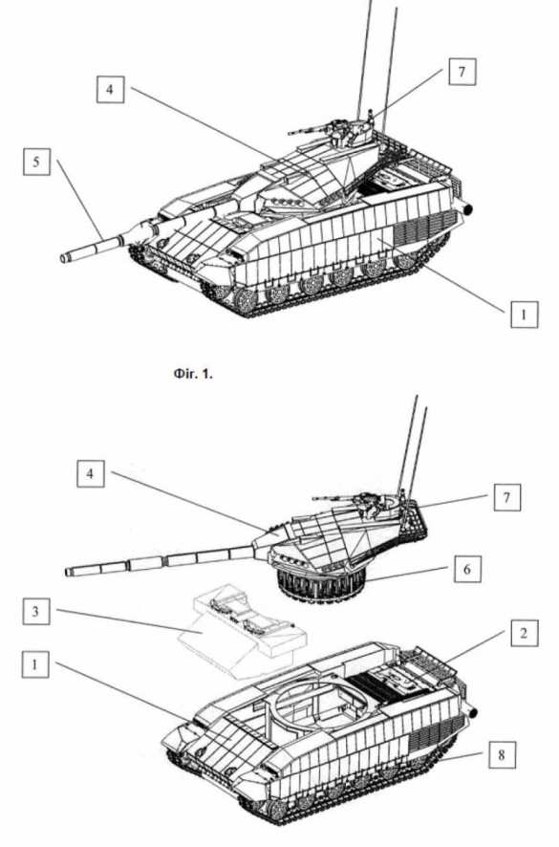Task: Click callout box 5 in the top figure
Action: tap(36, 162)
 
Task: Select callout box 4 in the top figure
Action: tap(110, 89)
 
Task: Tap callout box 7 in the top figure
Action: tap(462, 72)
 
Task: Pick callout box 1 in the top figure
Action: tap(524, 314)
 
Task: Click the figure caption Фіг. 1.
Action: tap(193, 373)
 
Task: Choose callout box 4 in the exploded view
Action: tap(90, 474)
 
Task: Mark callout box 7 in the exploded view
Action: tap(507, 497)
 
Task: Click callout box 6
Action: tap(466, 569)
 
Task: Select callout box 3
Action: tap(36, 611)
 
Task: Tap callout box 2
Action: tap(524, 633)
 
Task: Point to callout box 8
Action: tap(502, 754)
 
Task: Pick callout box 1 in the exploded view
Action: tap(35, 663)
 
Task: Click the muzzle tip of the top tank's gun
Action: tap(65, 258)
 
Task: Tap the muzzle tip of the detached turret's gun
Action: tap(68, 572)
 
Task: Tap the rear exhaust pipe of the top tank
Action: tap(465, 206)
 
